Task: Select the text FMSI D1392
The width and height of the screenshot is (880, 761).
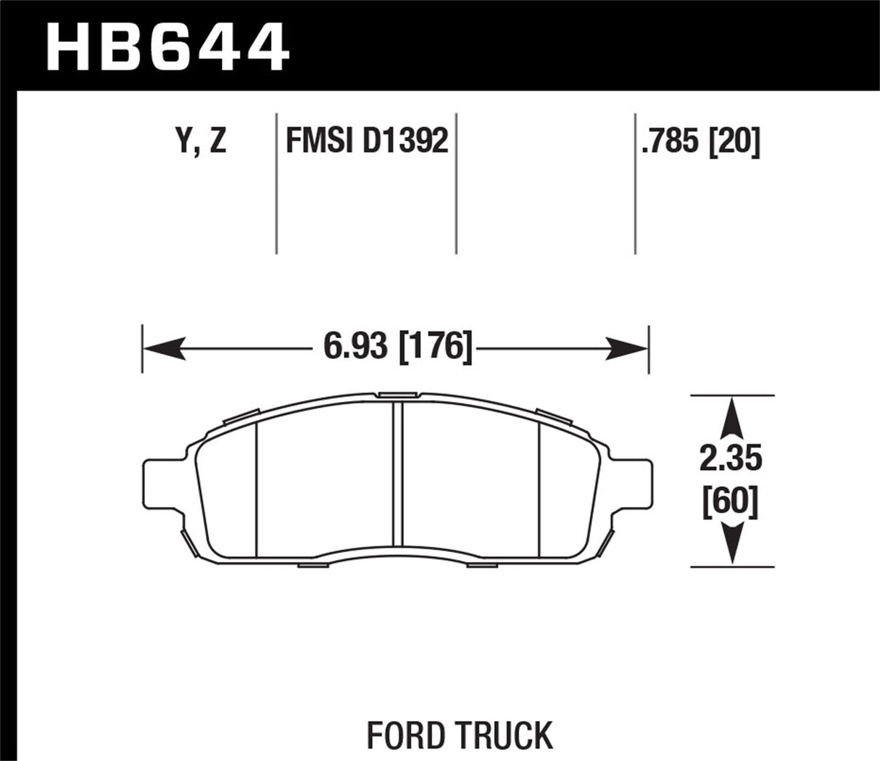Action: (x=367, y=140)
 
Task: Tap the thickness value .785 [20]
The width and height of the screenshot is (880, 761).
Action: (x=700, y=141)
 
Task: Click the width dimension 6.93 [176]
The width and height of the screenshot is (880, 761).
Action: (x=398, y=347)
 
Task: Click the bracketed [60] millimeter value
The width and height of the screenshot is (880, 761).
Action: (x=731, y=501)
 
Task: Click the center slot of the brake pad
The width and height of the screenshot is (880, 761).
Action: (x=397, y=473)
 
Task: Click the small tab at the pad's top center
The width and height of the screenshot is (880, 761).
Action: (x=397, y=395)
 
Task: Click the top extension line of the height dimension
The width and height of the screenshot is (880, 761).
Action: (x=732, y=395)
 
